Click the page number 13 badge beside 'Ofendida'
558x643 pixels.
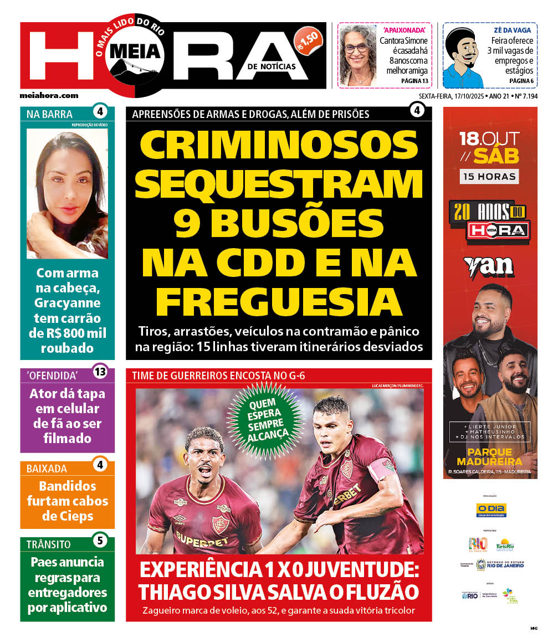[100, 372]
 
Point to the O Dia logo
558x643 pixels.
[491, 510]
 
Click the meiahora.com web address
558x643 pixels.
[49, 95]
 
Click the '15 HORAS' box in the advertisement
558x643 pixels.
[489, 177]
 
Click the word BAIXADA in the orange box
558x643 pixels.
[47, 469]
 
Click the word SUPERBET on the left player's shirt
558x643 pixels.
[202, 538]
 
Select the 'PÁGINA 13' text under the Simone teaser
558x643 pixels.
[414, 81]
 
